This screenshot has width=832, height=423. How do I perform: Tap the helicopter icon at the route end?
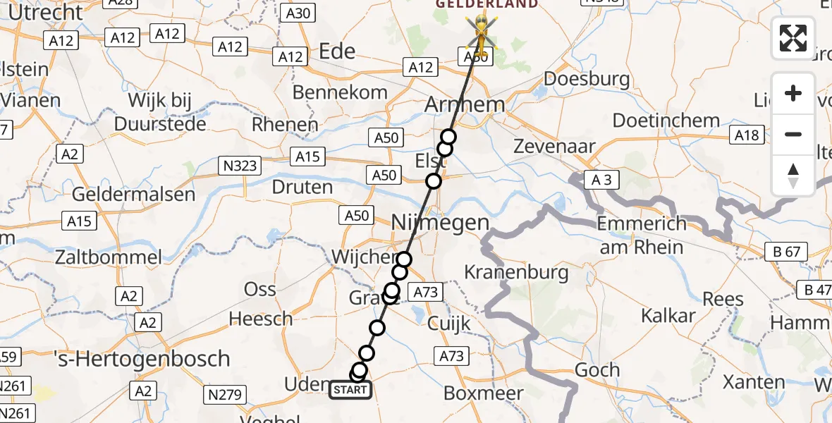click(x=481, y=32)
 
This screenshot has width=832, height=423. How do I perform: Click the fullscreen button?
click(x=793, y=38)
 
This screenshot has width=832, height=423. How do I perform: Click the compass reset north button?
click(x=793, y=176)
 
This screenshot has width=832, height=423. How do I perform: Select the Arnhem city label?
click(x=465, y=104)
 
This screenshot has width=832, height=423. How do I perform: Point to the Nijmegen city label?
click(x=440, y=223)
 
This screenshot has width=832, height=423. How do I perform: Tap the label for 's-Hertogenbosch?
click(x=142, y=358)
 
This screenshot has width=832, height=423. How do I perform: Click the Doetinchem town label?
click(x=666, y=121)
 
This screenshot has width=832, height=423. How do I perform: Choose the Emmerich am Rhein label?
click(x=641, y=235)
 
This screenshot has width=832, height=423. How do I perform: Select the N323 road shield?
click(x=240, y=166)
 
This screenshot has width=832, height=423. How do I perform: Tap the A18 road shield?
click(x=748, y=134)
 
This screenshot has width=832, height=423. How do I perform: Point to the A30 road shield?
click(x=298, y=13)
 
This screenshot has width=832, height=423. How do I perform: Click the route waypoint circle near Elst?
click(x=433, y=181)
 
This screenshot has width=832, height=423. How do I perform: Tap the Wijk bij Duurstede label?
click(x=160, y=111)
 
